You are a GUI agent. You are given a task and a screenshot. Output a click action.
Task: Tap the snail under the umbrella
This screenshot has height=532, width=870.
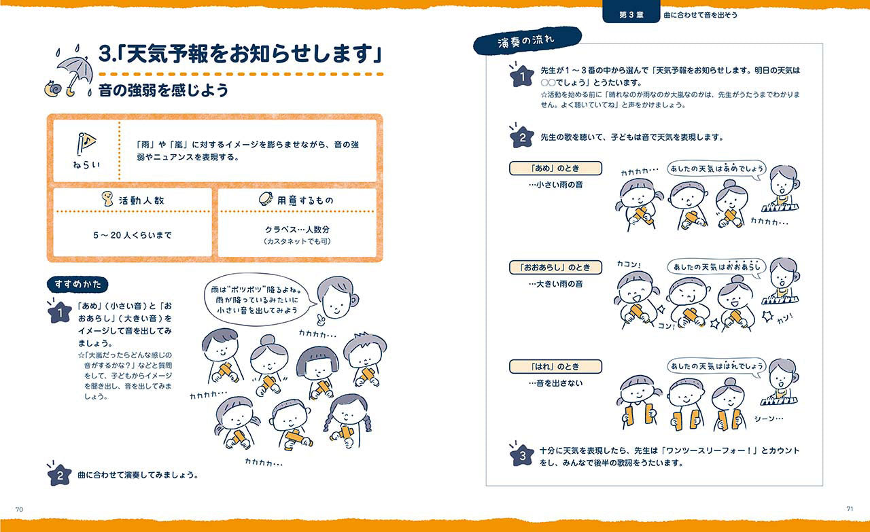(53, 88)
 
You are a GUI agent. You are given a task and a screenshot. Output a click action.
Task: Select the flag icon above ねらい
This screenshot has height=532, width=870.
(86, 143)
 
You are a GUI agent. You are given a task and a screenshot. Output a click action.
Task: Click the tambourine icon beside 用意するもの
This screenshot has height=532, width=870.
(266, 199)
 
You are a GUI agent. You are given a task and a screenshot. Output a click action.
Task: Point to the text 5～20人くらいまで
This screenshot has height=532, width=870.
(133, 235)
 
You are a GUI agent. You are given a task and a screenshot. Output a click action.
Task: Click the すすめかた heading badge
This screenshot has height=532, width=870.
(77, 284)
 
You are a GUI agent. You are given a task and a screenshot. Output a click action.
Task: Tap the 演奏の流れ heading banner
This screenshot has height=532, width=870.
(527, 41)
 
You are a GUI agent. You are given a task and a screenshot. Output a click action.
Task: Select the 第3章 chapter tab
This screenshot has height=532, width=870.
(631, 14)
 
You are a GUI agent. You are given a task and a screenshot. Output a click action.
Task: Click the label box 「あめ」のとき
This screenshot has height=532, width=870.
(555, 168)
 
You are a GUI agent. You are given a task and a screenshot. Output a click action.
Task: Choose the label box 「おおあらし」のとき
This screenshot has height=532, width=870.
(555, 267)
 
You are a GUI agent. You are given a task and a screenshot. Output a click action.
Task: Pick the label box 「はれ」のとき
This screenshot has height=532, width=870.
(555, 366)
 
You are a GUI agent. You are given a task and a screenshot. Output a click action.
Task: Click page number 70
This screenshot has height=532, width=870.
(20, 509)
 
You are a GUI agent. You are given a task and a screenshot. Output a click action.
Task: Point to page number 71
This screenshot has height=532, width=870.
(850, 509)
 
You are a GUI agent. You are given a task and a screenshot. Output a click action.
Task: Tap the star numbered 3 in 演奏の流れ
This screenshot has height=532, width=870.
(521, 455)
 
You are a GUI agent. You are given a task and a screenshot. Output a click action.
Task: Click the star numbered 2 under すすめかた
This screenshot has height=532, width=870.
(59, 475)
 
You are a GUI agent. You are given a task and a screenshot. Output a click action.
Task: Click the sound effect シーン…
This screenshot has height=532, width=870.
(769, 419)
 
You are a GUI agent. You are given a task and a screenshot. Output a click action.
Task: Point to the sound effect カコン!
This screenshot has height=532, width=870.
(629, 264)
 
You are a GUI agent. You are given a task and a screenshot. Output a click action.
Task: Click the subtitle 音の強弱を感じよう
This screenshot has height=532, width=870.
(163, 90)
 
